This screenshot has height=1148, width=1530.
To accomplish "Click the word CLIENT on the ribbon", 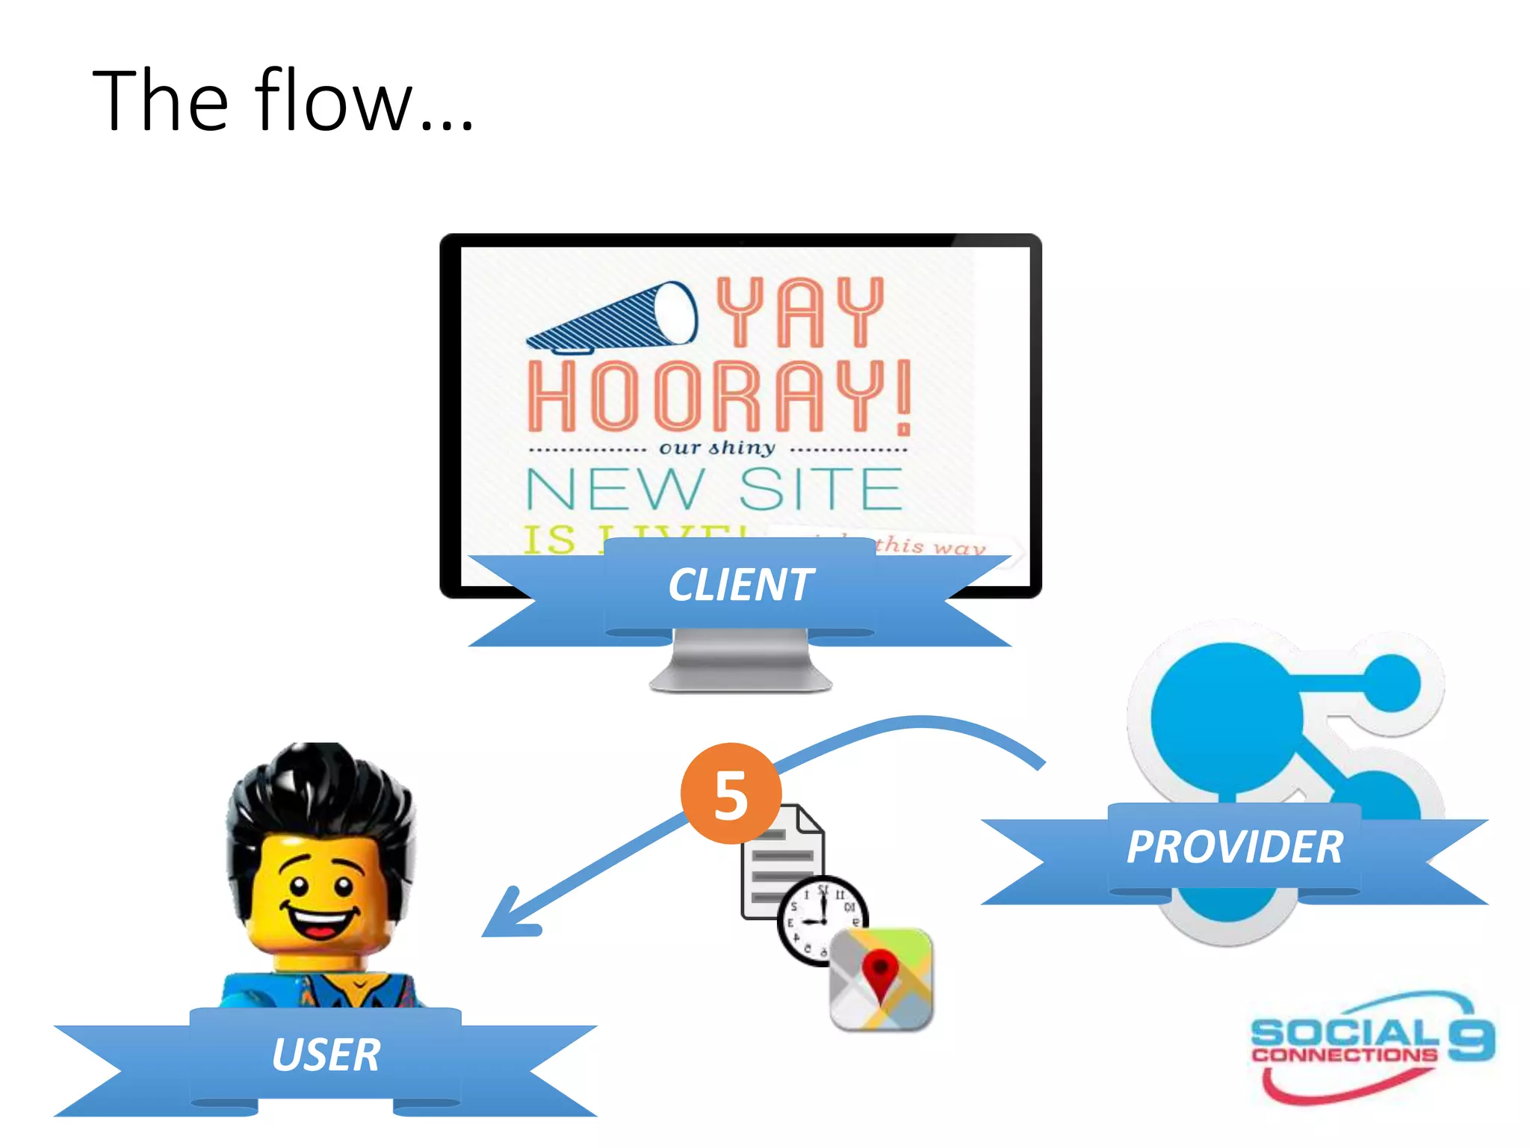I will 740,584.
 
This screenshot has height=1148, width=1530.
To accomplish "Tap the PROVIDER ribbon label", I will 1235,848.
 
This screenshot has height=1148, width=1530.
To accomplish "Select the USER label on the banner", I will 326,1055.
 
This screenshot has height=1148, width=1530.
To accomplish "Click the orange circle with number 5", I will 731,794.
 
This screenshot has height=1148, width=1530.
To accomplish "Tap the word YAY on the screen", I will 800,312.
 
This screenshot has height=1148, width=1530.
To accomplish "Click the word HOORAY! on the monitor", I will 719,396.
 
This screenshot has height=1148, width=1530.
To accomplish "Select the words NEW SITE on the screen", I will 713,490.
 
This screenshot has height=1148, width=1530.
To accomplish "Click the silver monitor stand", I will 740,661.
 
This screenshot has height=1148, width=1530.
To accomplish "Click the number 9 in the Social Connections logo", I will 1471,1039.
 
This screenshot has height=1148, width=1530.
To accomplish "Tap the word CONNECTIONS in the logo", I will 1344,1055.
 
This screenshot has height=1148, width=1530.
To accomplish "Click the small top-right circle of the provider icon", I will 1392,682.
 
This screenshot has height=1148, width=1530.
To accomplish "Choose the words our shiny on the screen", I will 717,448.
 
